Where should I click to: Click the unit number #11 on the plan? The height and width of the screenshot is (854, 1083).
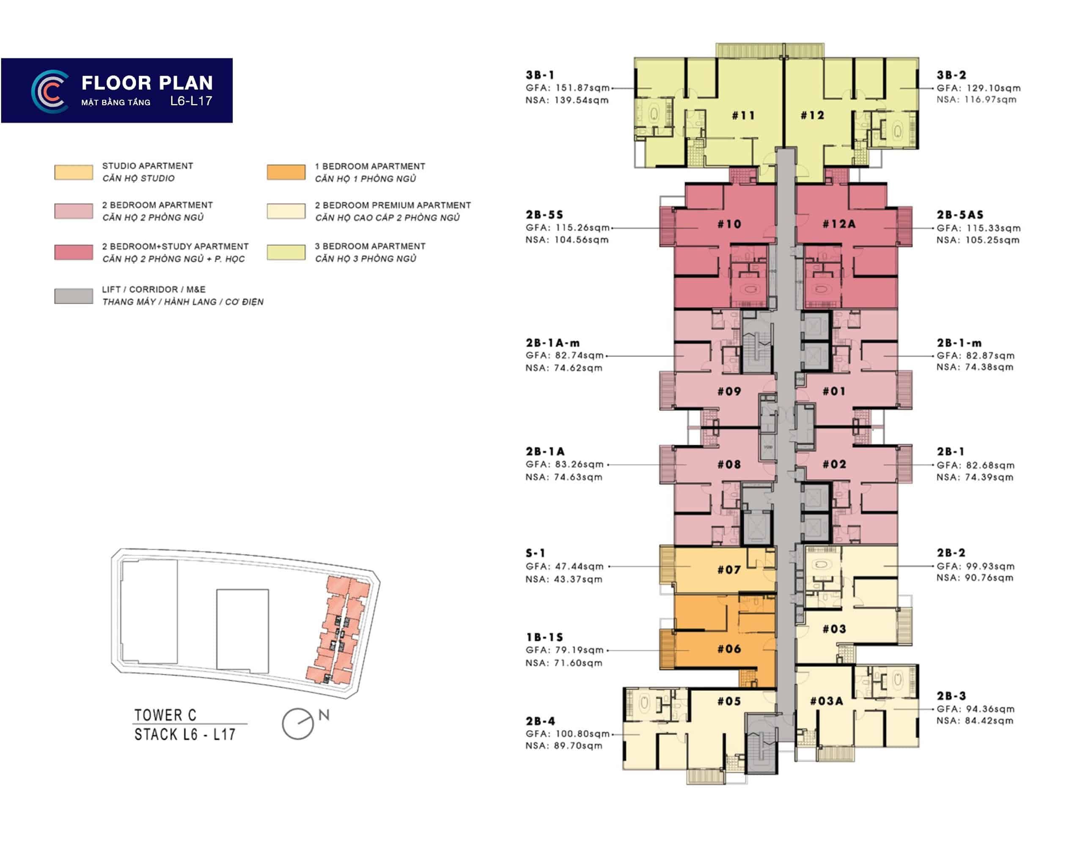tap(743, 115)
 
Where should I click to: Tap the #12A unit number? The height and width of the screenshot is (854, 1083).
tap(839, 224)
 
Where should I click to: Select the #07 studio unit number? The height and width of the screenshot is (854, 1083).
tap(729, 569)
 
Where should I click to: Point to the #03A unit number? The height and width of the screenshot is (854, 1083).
tap(826, 701)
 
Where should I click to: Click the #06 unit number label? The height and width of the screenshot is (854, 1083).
tap(729, 649)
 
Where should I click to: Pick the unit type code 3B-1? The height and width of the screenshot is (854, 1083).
tap(540, 75)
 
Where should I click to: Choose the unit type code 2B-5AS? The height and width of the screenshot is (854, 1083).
tap(960, 214)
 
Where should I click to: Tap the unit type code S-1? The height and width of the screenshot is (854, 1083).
tap(535, 553)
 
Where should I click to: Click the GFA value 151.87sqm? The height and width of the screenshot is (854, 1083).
tap(582, 88)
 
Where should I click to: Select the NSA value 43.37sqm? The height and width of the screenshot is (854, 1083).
tap(578, 579)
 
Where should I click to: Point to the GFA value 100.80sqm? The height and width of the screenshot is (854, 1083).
tap(582, 734)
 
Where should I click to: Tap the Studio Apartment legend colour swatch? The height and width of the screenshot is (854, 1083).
tap(74, 172)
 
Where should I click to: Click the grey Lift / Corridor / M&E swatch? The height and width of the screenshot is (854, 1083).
tap(74, 296)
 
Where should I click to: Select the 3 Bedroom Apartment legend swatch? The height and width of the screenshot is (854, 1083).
tap(286, 252)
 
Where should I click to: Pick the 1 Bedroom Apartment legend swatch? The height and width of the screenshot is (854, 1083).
tap(286, 172)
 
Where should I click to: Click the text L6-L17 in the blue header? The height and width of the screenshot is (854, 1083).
tap(191, 101)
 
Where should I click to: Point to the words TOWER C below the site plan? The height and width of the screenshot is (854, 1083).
tap(165, 715)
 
